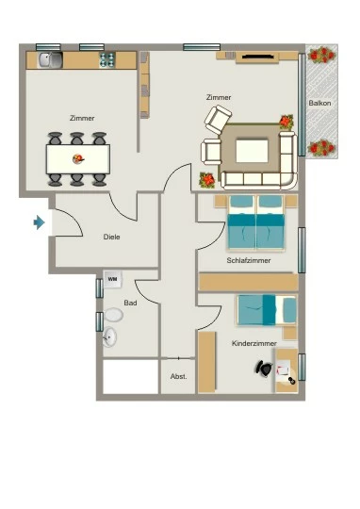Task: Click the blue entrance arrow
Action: click(x=39, y=222)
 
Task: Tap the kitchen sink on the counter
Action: click(x=50, y=60)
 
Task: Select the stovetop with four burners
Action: click(x=107, y=59)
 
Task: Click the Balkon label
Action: click(x=319, y=103)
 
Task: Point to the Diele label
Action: click(x=111, y=237)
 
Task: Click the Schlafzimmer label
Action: click(x=249, y=260)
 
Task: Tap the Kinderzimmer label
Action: click(x=254, y=343)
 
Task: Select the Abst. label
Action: click(x=178, y=376)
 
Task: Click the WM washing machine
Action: click(x=113, y=279)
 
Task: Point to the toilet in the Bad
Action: click(x=113, y=315)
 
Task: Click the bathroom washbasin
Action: click(x=109, y=337)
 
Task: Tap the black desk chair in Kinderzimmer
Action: click(x=264, y=369)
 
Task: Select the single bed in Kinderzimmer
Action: click(x=267, y=310)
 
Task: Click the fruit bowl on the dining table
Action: click(x=78, y=159)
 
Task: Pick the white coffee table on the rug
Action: click(x=252, y=151)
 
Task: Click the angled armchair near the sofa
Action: click(x=218, y=120)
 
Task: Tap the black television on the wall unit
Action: click(x=258, y=57)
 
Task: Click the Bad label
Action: click(x=130, y=303)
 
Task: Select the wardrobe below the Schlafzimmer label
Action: click(x=249, y=282)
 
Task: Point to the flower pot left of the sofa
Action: click(x=207, y=180)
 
